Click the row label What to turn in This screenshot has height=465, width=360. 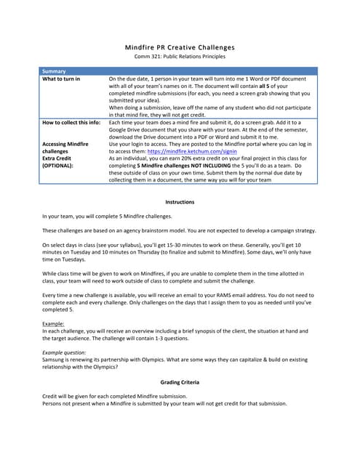pos(61,78)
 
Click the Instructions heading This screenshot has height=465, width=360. pos(180,201)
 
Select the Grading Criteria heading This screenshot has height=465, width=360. pos(180,381)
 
